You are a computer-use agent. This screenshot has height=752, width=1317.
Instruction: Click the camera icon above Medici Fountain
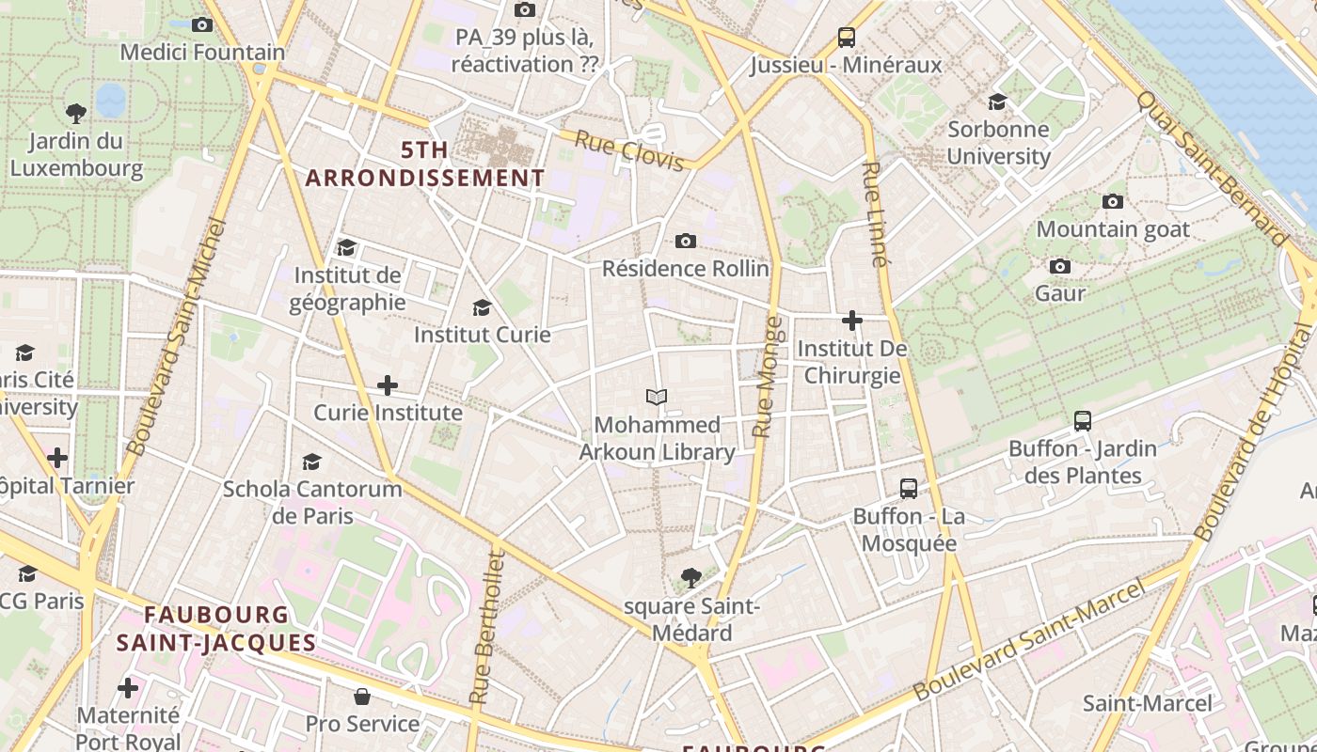pos(201,25)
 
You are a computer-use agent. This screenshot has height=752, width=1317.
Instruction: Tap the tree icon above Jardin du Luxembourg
pos(76,114)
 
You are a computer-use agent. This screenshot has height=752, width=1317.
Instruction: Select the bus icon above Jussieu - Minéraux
pos(846,38)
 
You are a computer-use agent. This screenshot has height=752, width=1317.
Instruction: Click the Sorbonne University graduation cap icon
pos(997,102)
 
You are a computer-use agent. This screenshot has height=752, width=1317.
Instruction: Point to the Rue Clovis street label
pos(629,151)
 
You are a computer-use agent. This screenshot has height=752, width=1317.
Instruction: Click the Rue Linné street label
pos(874,214)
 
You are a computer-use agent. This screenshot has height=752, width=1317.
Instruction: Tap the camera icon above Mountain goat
pos(1112,201)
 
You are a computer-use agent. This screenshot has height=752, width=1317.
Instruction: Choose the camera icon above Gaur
pos(1060,266)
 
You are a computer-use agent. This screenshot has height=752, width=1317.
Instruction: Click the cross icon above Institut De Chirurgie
pos(852,321)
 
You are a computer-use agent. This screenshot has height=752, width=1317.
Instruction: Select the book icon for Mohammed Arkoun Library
pos(657,397)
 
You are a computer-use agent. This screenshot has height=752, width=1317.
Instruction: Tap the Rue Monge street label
pos(768,377)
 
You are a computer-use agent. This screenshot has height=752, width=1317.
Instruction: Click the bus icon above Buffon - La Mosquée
pos(908,489)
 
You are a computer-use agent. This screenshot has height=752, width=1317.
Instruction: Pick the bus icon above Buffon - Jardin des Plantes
pos(1082,421)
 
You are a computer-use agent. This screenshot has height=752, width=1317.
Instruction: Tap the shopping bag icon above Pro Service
pos(361,697)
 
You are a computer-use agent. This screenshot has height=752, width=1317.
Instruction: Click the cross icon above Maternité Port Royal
pos(128,688)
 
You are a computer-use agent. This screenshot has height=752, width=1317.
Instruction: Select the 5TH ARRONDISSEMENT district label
pos(425,164)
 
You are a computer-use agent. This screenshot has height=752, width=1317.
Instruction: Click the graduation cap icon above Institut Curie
pos(482,307)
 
